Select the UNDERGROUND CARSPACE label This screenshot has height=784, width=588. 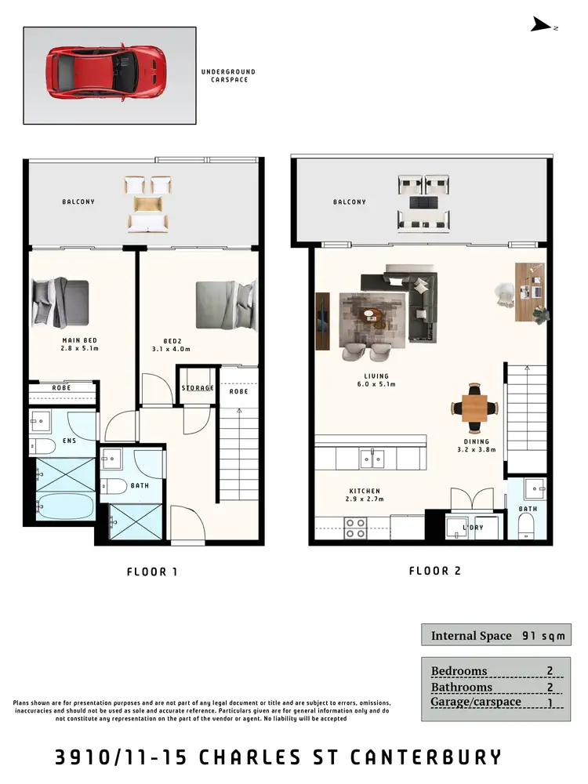228,75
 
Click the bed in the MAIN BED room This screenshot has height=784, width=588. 60,301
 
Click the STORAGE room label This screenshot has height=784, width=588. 198,388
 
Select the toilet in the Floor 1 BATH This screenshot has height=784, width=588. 114,486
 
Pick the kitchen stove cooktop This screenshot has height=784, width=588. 355,528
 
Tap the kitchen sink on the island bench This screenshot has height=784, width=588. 372,458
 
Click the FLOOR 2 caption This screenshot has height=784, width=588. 434,571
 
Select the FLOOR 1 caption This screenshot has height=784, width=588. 152,572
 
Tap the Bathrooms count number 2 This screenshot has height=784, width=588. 550,687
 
